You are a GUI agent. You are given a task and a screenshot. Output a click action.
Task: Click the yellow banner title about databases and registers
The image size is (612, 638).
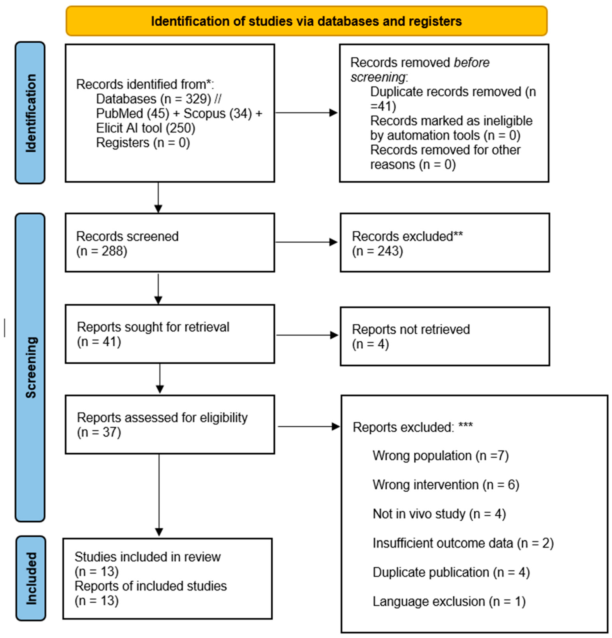[306, 21]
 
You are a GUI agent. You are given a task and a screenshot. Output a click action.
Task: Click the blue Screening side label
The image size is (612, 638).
[30, 367]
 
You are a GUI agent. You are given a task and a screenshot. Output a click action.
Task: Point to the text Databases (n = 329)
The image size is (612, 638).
[154, 99]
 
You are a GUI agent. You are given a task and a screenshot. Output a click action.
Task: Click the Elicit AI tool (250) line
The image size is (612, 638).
[146, 128]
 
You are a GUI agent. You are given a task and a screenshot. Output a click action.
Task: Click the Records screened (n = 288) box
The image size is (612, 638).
[170, 243]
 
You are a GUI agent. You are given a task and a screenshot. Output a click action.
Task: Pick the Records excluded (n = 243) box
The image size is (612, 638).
[445, 243]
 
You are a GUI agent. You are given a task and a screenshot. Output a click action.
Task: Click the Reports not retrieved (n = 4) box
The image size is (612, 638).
[445, 336]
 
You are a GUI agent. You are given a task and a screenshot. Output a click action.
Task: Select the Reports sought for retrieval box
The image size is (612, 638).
[170, 334]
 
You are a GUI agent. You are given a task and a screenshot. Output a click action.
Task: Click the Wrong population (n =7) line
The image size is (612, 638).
[440, 456]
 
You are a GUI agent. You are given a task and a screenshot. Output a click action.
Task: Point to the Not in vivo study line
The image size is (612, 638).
[439, 514]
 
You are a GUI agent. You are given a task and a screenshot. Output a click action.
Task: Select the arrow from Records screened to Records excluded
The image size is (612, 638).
[306, 242]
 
